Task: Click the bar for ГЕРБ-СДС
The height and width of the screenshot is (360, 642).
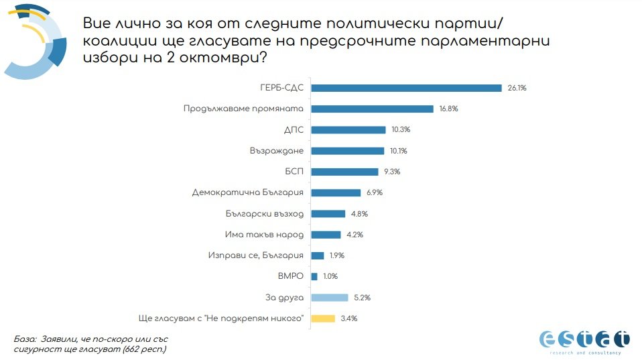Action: [x=406, y=88]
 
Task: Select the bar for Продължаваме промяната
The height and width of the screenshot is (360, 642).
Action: [x=373, y=109]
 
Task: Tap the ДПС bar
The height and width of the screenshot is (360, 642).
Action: [x=348, y=130]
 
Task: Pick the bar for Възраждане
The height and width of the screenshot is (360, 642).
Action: [x=348, y=151]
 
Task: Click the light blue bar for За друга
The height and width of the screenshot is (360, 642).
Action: [x=330, y=298]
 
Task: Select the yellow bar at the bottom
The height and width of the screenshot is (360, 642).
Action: [x=323, y=318]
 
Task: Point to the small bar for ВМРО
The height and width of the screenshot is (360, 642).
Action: [x=314, y=276]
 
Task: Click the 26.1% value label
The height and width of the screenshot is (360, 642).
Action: [x=517, y=88]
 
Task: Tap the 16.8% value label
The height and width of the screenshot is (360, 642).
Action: [x=448, y=109]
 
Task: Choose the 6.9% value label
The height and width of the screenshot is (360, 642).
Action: [x=375, y=193]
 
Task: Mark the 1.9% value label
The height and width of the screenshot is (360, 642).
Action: [x=338, y=255]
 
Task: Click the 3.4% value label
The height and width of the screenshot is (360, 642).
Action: [x=348, y=318]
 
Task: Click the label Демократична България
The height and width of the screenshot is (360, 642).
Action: [x=248, y=193]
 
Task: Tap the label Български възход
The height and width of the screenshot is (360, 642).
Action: [x=265, y=214]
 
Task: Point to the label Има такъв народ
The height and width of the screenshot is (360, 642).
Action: [x=265, y=235]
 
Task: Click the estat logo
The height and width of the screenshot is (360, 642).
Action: [x=584, y=340]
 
